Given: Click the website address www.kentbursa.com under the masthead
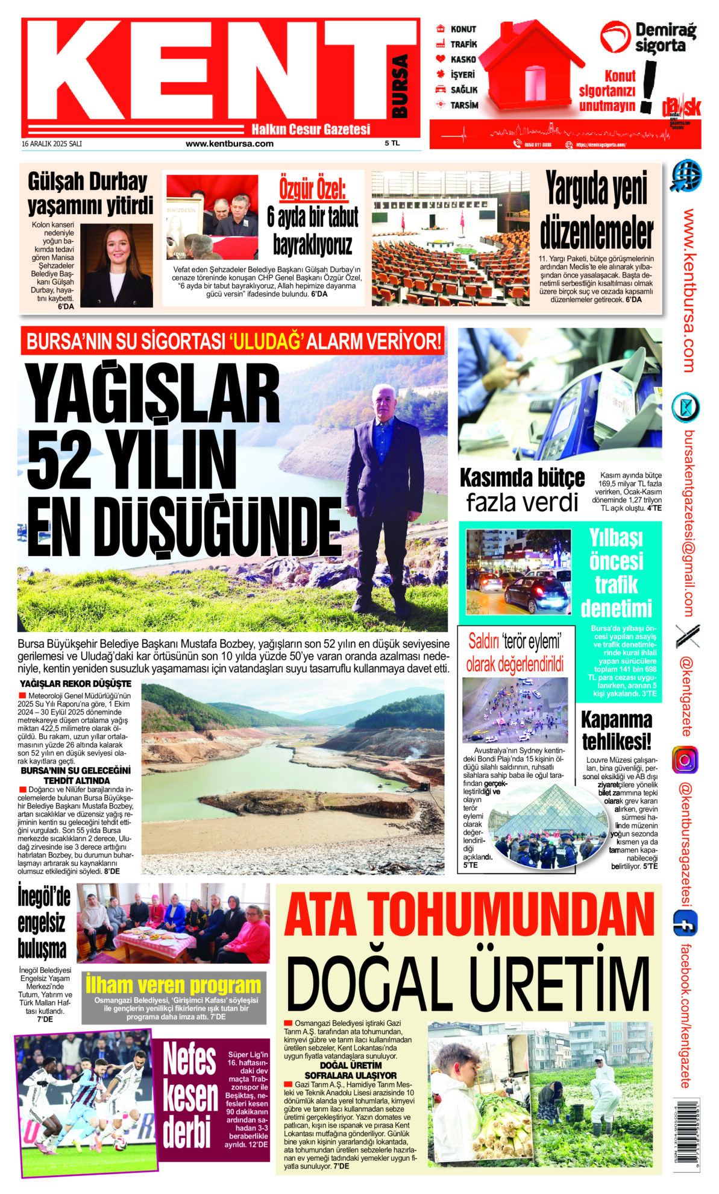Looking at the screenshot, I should (x=229, y=144).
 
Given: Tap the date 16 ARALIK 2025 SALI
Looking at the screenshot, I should (x=52, y=144).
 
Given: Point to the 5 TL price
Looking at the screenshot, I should (x=392, y=144).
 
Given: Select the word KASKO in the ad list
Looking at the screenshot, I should (x=463, y=60).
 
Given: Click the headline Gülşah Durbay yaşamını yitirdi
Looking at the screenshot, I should (x=90, y=194).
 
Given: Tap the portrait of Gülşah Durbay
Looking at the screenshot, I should (x=116, y=265).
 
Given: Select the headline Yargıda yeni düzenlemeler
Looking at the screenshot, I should (x=596, y=210).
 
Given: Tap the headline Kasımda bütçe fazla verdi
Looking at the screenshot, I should (x=522, y=489).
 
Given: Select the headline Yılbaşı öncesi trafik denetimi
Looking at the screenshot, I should (x=616, y=572).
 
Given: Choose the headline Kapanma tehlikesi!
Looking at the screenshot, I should (x=616, y=730).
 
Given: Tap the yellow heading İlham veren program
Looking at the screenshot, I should (x=174, y=985).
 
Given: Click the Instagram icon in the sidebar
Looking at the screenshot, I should (x=685, y=760).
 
